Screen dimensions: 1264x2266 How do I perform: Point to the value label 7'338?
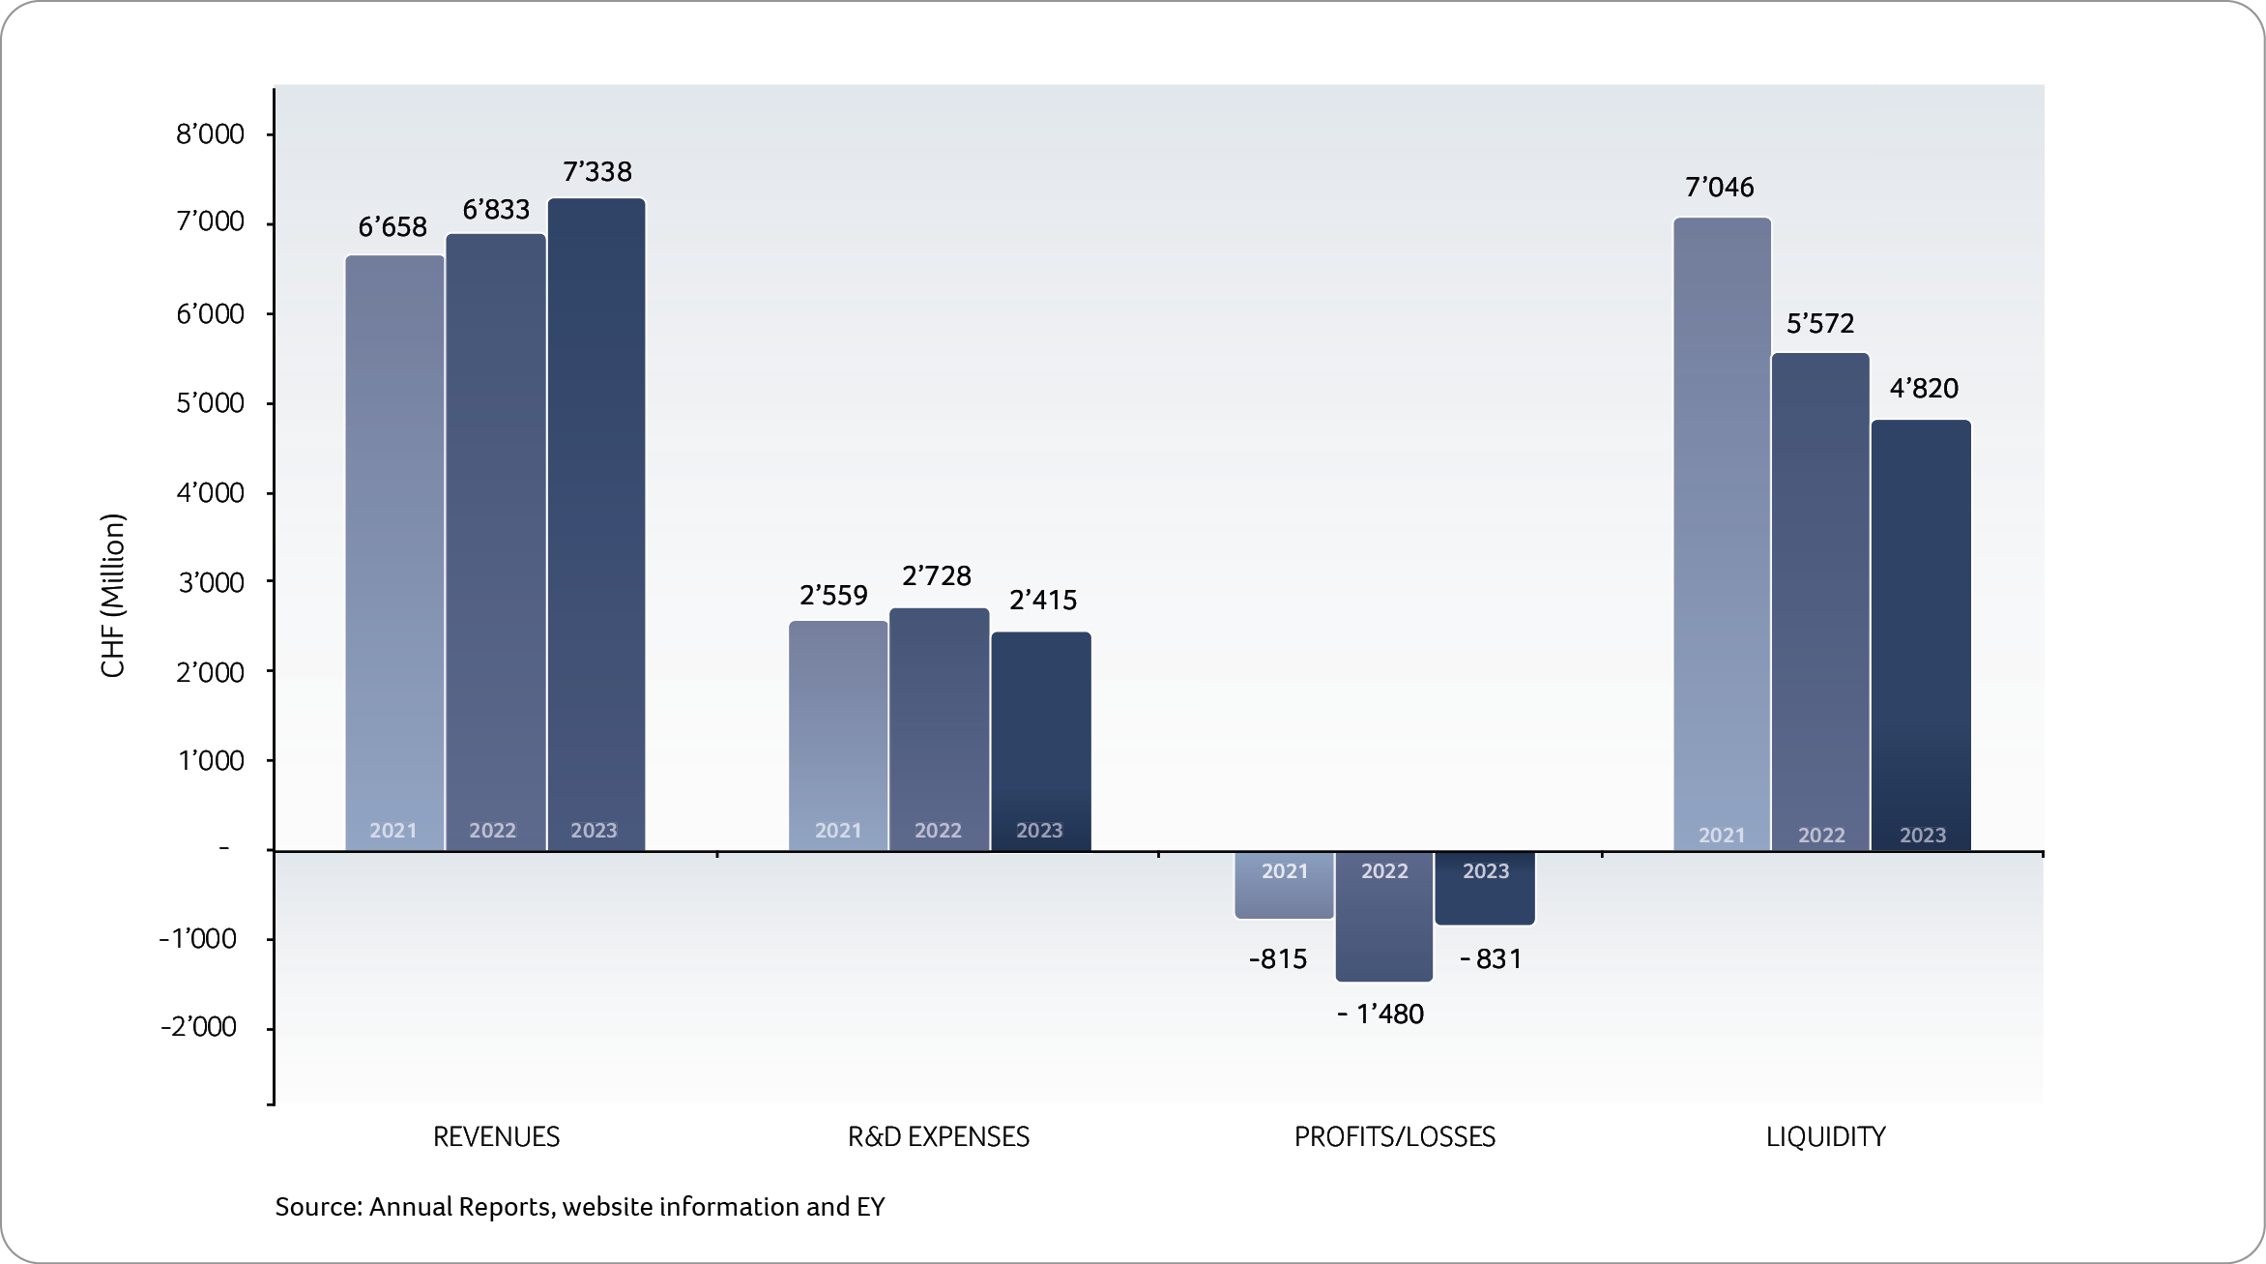597,172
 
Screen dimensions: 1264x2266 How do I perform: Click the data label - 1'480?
1380,1014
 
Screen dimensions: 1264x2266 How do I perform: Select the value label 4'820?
1924,389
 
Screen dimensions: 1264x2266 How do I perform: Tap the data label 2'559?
833,595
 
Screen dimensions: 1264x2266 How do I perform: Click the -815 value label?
1277,959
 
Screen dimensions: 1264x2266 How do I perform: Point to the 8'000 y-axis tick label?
210,134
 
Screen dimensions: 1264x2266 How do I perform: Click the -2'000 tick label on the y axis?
198,1027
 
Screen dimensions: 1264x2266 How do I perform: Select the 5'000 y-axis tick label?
210,403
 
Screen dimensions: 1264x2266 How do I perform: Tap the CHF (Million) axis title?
113,596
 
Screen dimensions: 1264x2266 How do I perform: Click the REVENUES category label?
496,1136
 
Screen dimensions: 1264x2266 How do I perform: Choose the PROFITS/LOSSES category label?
1394,1136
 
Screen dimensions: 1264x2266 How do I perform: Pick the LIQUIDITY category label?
1825,1136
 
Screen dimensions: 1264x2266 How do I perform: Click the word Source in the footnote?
317,1207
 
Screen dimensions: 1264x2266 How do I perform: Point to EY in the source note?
870,1207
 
